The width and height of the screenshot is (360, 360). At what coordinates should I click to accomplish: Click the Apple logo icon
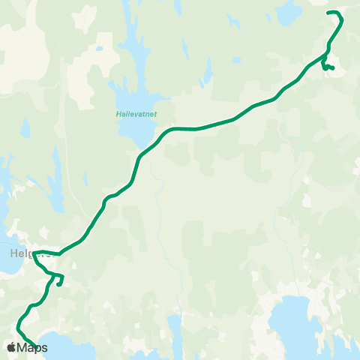(11, 347)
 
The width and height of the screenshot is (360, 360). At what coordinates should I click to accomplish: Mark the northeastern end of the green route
(329, 13)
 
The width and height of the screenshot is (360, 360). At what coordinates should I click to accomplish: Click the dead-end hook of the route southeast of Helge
(58, 285)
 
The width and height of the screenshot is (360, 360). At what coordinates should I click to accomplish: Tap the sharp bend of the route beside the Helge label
(34, 253)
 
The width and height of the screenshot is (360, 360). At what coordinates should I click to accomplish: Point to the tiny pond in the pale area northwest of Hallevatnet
(99, 49)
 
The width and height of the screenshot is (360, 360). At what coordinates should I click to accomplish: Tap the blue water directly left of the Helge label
(4, 253)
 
